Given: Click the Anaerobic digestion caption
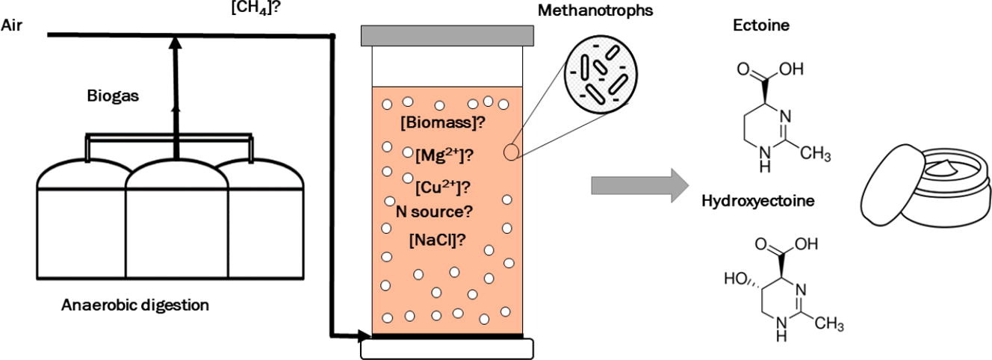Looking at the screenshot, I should click(134, 305).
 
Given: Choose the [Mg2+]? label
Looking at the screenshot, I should click(445, 155).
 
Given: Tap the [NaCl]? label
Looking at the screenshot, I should click(438, 240).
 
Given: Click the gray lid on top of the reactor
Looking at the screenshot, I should click(447, 34).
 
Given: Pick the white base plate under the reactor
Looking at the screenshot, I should click(447, 348).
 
